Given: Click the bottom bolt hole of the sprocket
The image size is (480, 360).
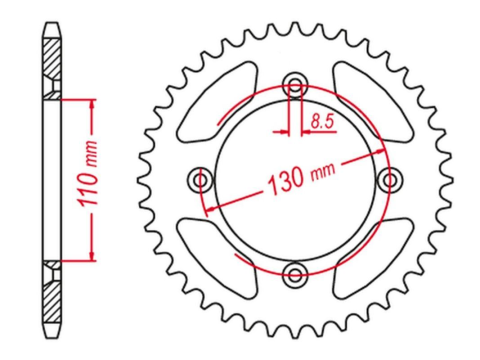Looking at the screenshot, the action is pyautogui.click(x=295, y=275).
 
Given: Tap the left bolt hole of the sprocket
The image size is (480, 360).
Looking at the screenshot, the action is pyautogui.click(x=200, y=180).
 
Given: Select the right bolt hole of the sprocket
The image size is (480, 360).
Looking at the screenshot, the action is pyautogui.click(x=389, y=180).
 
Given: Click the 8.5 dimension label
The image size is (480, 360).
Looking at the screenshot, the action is pyautogui.click(x=322, y=121).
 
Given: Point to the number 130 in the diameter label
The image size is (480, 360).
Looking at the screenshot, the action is pyautogui.click(x=285, y=181).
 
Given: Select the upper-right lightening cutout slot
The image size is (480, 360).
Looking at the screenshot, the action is pyautogui.click(x=372, y=101).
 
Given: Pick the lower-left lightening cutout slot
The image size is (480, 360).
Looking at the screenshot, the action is pyautogui.click(x=218, y=258).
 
